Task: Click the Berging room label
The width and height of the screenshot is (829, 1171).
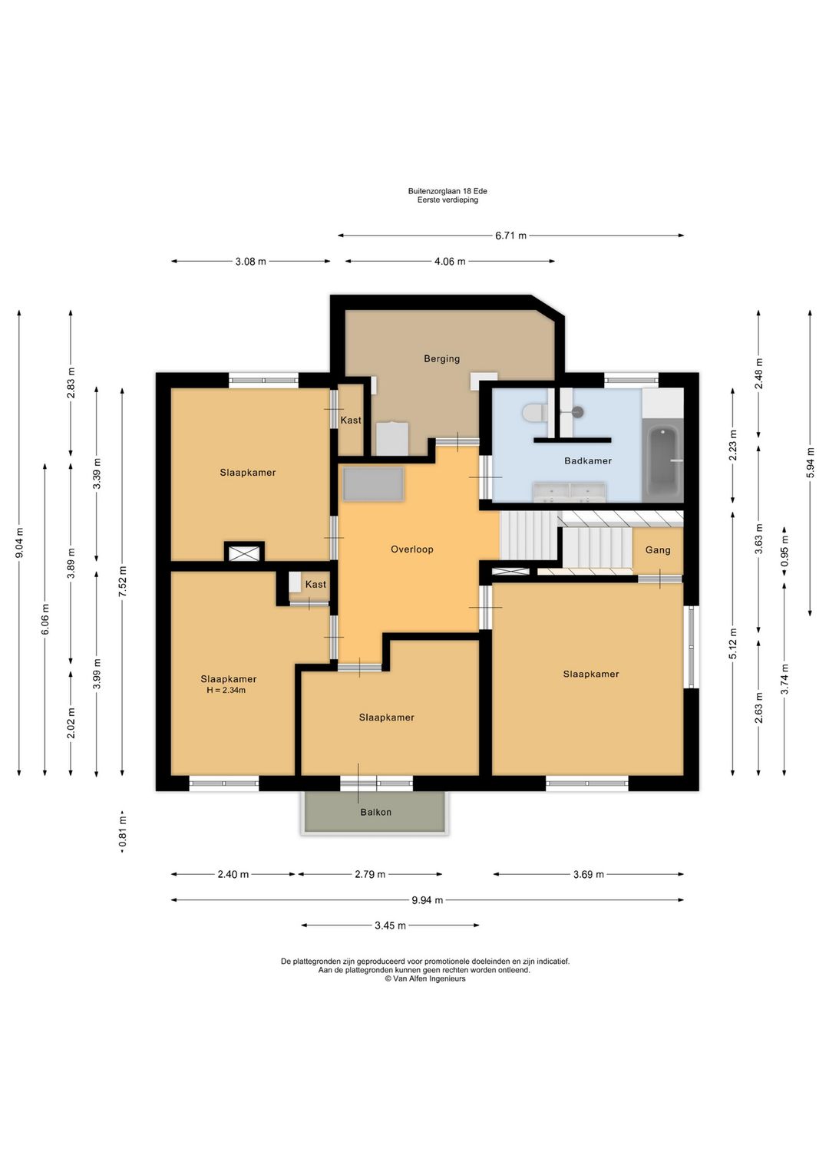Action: point(441,358)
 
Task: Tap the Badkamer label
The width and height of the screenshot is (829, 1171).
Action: point(588,460)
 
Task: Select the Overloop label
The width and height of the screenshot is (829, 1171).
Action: point(412,549)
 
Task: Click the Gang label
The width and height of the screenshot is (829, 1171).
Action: point(658,550)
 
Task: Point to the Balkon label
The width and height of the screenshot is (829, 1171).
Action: point(375,812)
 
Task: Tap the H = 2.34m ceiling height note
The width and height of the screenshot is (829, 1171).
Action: point(226,690)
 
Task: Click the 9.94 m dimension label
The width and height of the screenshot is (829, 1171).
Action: point(427,899)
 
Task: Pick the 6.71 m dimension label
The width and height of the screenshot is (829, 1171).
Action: point(510,236)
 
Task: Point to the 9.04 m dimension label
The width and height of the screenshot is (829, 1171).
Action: point(19,543)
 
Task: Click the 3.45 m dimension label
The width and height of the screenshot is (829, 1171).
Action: point(390,925)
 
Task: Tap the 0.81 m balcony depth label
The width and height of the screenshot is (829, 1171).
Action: point(122,833)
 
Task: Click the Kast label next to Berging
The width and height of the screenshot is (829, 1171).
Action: point(351,420)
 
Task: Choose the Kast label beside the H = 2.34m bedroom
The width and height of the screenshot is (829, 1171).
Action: point(315,585)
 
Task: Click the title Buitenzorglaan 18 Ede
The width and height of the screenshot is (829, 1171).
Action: point(448,191)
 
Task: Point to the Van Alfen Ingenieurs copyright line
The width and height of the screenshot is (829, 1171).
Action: point(425,978)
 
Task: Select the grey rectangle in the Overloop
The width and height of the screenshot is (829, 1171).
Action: point(374,484)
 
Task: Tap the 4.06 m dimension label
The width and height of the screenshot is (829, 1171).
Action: point(450,262)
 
